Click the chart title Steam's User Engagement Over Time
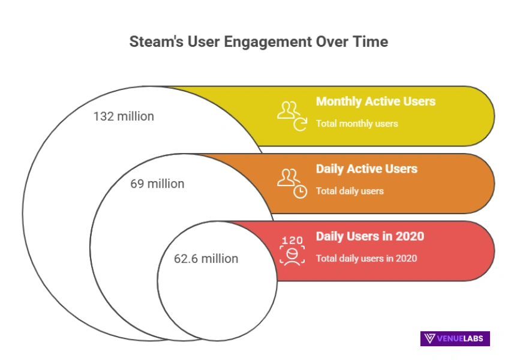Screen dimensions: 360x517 (x=258, y=42)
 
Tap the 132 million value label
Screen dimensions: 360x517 (x=124, y=116)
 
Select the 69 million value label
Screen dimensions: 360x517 (x=157, y=184)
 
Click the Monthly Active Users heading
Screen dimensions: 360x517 (x=375, y=101)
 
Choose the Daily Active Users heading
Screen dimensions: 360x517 (x=366, y=169)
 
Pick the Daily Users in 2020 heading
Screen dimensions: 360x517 (x=370, y=236)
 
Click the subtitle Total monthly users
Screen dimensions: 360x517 (x=357, y=124)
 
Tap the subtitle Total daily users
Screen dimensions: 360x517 (x=350, y=191)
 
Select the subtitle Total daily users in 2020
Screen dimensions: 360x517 (x=366, y=259)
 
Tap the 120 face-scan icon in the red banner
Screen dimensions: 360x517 (x=292, y=250)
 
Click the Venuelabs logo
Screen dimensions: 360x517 (x=455, y=338)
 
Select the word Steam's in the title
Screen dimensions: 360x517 (x=152, y=42)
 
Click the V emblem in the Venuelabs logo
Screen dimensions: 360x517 (x=430, y=338)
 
